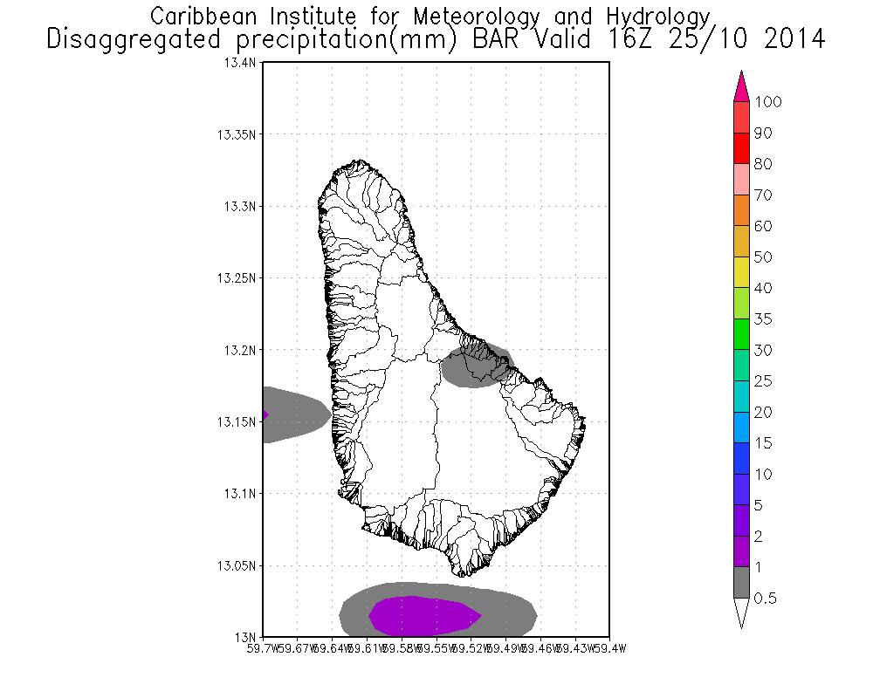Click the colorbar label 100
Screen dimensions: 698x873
pyautogui.click(x=768, y=102)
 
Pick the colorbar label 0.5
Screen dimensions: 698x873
pyautogui.click(x=766, y=599)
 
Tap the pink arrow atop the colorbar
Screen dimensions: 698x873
pyautogui.click(x=741, y=86)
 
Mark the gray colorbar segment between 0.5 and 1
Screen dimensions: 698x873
pyautogui.click(x=741, y=583)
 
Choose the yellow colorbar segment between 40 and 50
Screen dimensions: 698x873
pyautogui.click(x=741, y=272)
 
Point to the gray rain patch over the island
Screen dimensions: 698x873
pyautogui.click(x=477, y=365)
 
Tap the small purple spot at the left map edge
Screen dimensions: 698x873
pyautogui.click(x=265, y=414)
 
